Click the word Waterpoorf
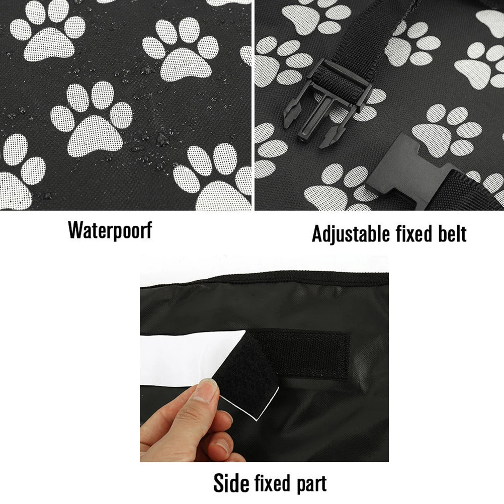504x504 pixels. [110, 230]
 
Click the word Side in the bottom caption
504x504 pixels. [232, 483]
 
